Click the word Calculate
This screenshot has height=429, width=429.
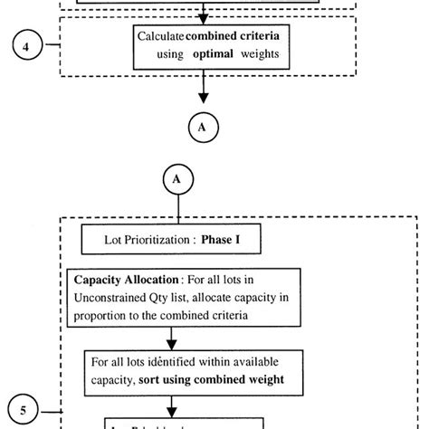[x=160, y=35]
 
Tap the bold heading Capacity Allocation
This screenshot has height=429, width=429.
[x=128, y=281]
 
